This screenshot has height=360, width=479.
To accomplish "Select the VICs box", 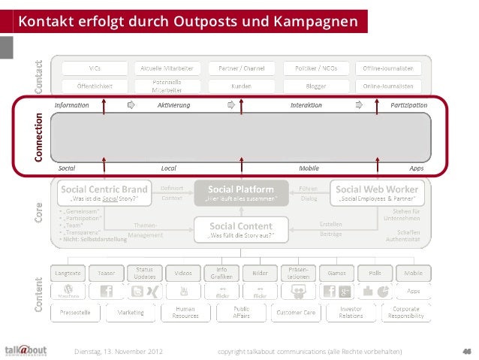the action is (95, 67).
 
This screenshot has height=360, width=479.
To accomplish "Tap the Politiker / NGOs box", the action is (315, 67).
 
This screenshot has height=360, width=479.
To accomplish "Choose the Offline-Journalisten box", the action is (388, 67).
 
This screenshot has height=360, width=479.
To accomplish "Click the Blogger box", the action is (315, 86).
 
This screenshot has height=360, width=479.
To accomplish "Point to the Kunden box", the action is (241, 86).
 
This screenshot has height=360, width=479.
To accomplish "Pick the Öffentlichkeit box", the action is (95, 86).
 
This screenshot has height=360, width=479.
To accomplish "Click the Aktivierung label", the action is (173, 105).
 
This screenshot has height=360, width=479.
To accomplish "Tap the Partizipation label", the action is (408, 105).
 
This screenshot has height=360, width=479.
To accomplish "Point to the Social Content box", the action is (241, 229).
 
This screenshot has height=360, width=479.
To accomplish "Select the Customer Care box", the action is (294, 313).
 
